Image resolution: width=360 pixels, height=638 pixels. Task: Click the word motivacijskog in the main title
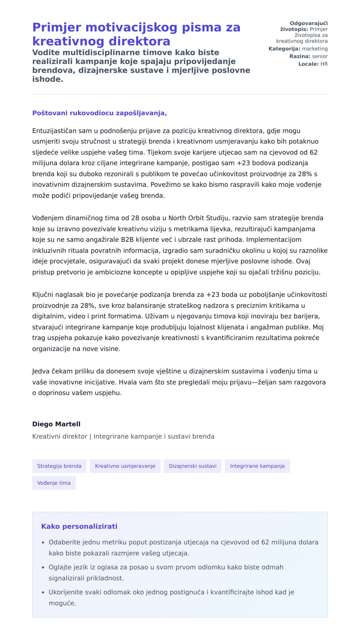click(x=131, y=28)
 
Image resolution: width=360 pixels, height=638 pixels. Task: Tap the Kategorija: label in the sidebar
click(x=284, y=49)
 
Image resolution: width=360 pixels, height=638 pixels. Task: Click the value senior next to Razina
click(x=320, y=56)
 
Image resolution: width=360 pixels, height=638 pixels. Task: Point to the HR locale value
click(x=324, y=64)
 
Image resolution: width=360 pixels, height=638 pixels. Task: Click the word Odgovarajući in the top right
click(x=309, y=23)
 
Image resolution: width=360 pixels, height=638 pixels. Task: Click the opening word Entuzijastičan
click(x=54, y=131)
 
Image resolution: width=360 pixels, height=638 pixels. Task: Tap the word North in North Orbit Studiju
click(x=178, y=218)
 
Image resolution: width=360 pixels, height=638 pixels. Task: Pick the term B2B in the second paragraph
click(x=127, y=240)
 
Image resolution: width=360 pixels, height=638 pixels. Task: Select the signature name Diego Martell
click(x=56, y=424)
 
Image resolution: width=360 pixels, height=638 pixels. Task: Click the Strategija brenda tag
click(x=59, y=466)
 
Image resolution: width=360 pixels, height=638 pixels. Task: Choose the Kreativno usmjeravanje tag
click(x=125, y=466)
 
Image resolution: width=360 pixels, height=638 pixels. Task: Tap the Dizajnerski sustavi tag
click(x=193, y=466)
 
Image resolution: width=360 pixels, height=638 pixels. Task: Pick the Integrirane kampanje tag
click(x=257, y=466)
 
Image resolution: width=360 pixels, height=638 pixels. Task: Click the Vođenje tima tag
click(x=54, y=483)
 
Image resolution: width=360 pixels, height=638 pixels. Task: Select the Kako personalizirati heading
click(x=79, y=526)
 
